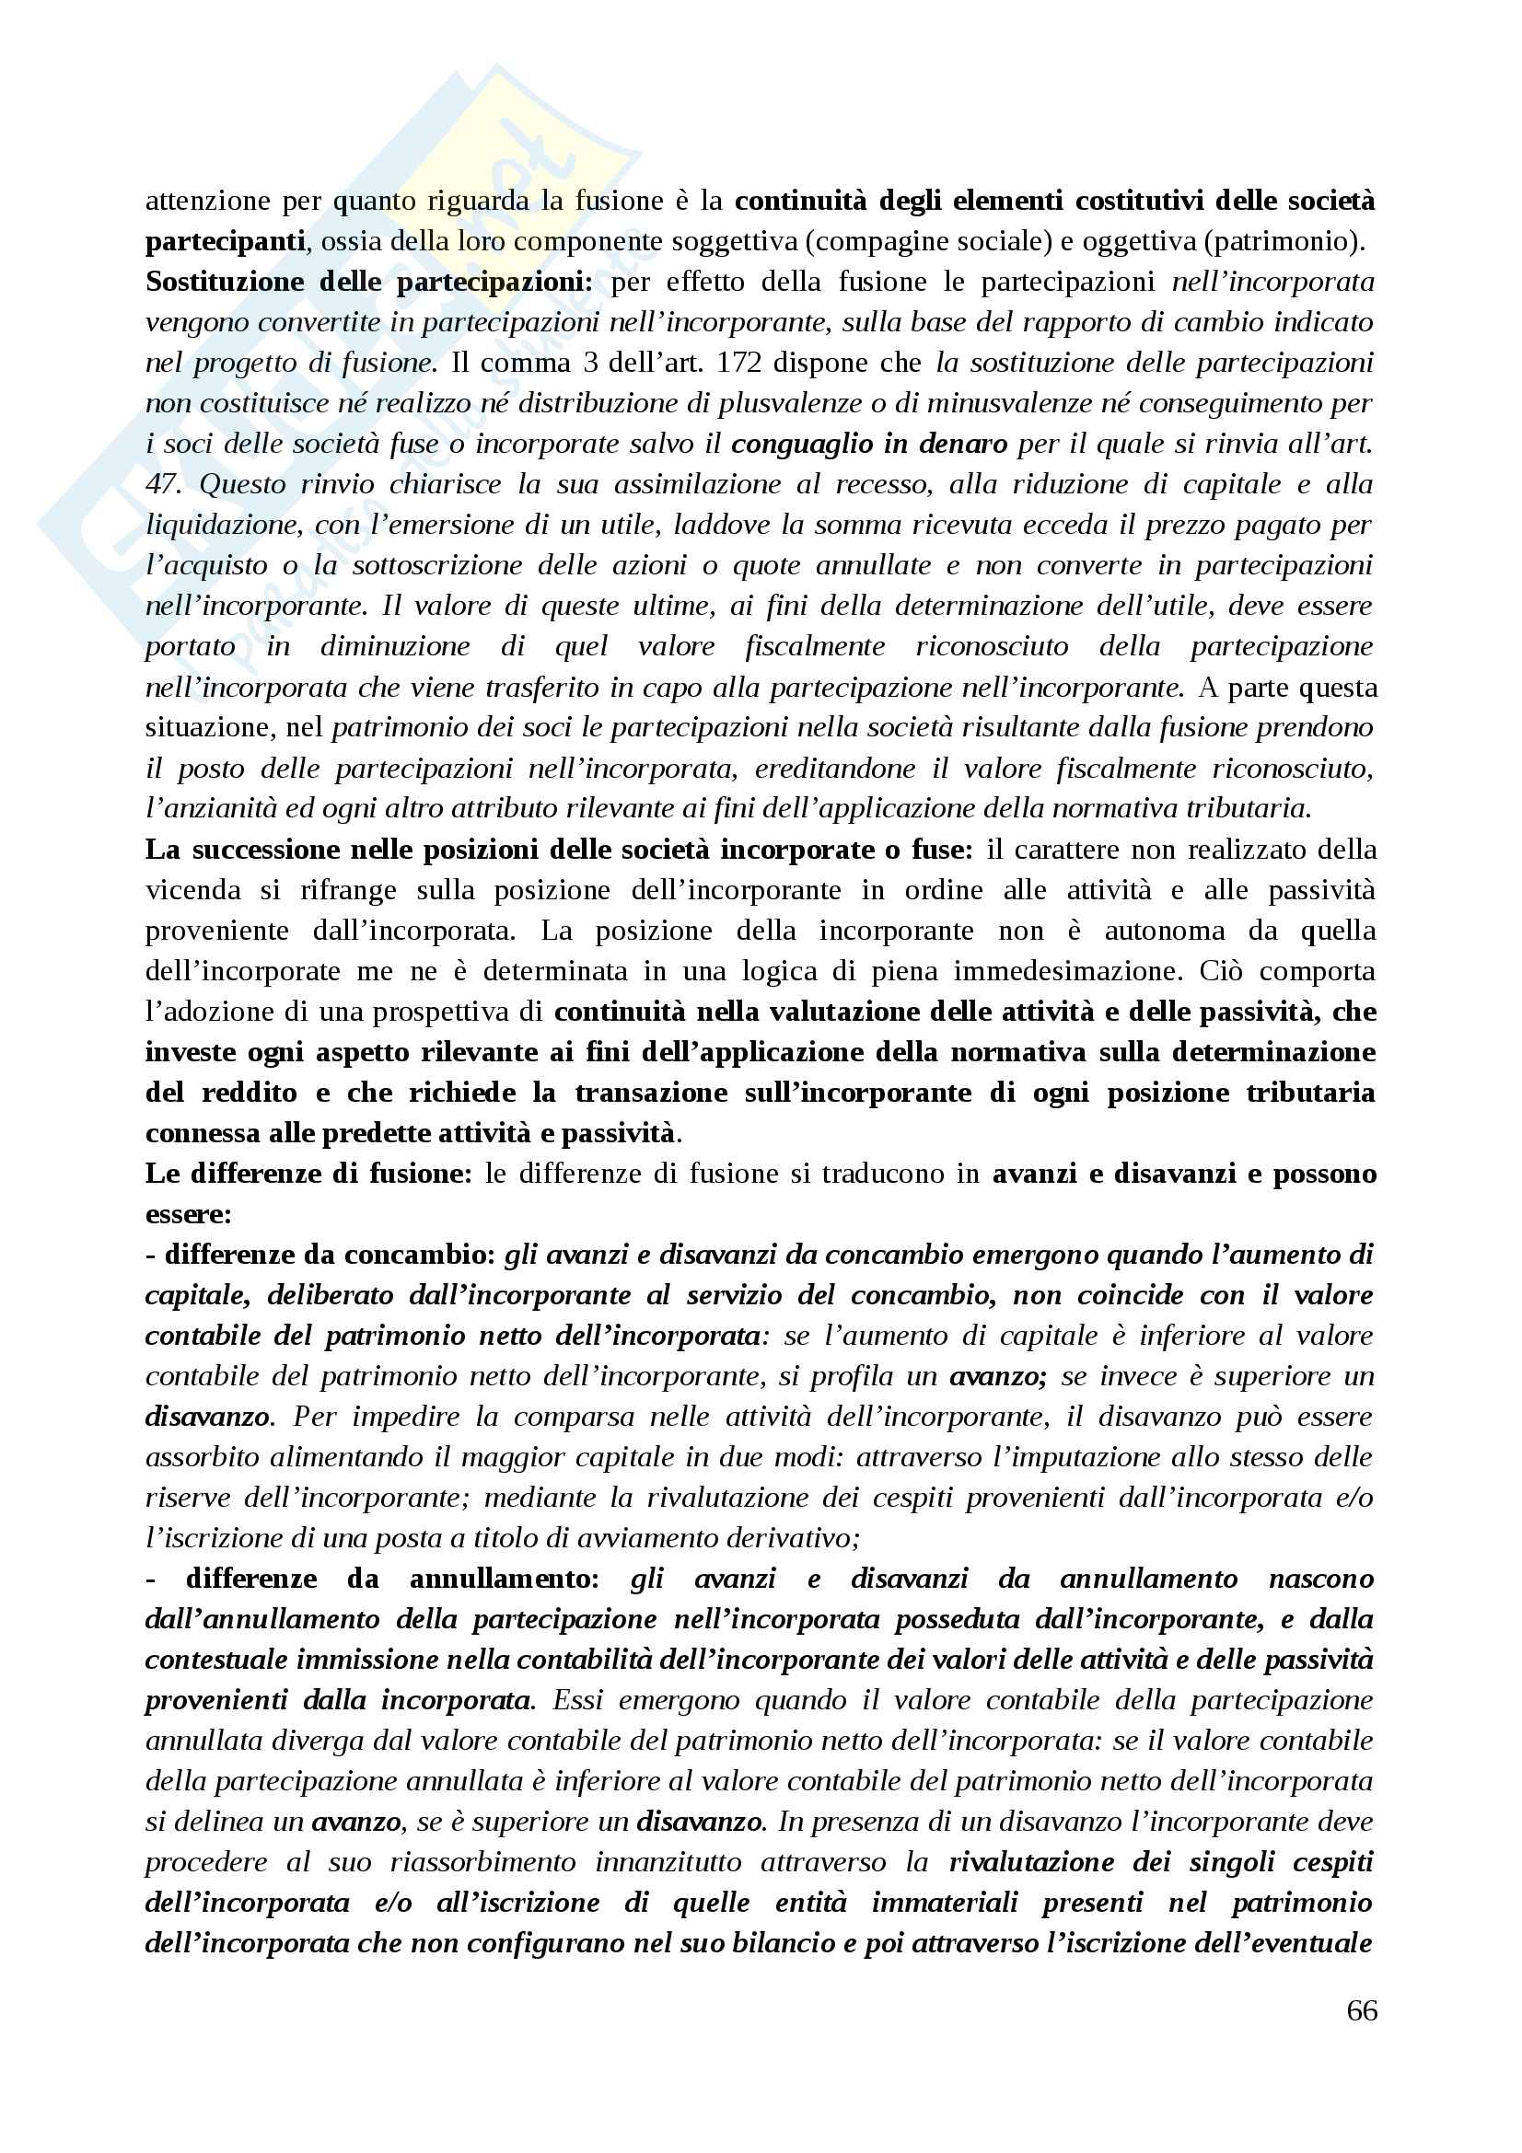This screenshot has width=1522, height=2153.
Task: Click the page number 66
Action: pyautogui.click(x=1362, y=2010)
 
